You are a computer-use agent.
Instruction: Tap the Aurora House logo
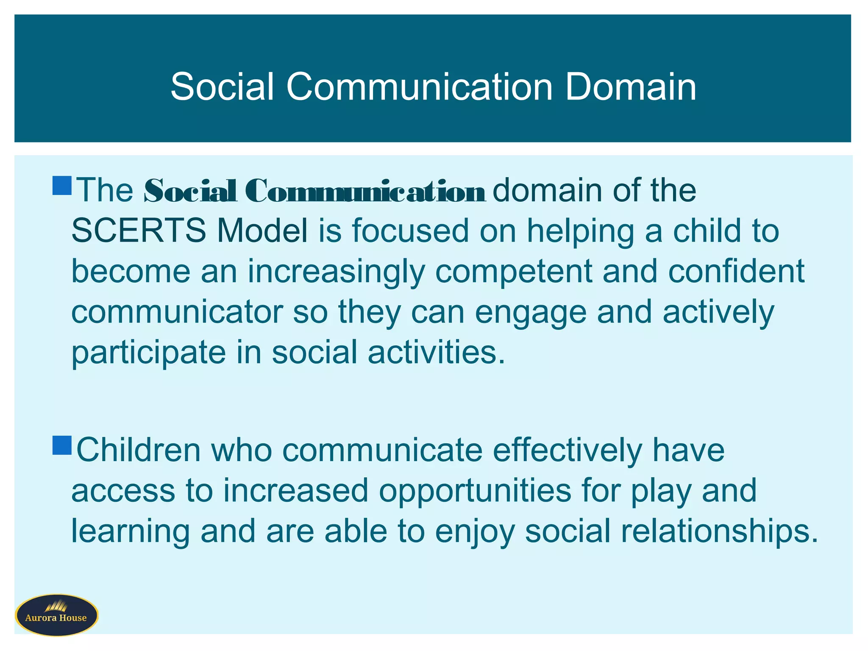56,615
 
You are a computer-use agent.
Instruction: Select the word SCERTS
139,231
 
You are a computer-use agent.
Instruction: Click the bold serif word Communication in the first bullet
365,191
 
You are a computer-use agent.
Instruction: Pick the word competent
513,272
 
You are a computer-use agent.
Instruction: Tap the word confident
736,272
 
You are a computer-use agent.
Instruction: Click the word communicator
177,312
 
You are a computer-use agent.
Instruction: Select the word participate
148,353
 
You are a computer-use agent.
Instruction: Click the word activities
436,353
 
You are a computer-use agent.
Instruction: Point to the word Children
138,450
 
